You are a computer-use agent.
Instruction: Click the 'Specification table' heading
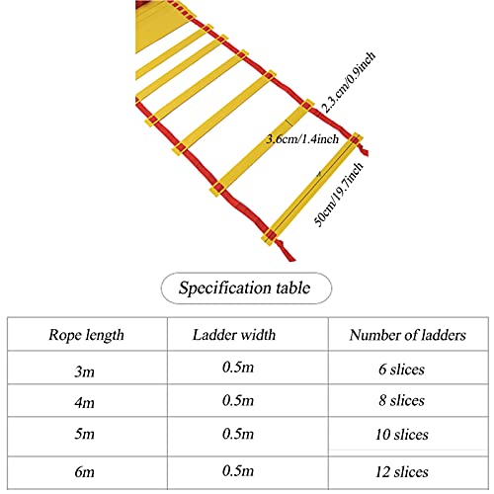click(244, 288)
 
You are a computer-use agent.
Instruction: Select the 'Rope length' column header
click(86, 335)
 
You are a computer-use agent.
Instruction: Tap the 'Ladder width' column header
click(234, 335)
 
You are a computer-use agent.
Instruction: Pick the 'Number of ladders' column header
click(408, 335)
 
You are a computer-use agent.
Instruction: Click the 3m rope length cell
click(84, 371)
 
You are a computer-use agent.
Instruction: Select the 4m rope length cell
click(84, 402)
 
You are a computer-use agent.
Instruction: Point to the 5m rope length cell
click(84, 434)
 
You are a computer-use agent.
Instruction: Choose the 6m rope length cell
click(84, 471)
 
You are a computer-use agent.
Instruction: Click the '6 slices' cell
click(401, 370)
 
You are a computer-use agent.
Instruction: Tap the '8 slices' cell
click(401, 400)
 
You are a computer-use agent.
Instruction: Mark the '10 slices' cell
click(402, 435)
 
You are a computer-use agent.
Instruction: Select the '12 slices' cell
click(402, 472)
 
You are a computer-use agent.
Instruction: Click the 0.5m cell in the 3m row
click(238, 367)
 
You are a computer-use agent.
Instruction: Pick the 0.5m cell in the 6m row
click(238, 470)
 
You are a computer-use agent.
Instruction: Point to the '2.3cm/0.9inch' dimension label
click(348, 83)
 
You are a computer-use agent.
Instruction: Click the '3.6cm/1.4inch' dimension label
click(302, 139)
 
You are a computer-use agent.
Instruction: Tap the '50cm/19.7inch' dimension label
click(339, 195)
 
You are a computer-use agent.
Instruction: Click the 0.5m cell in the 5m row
click(238, 434)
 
